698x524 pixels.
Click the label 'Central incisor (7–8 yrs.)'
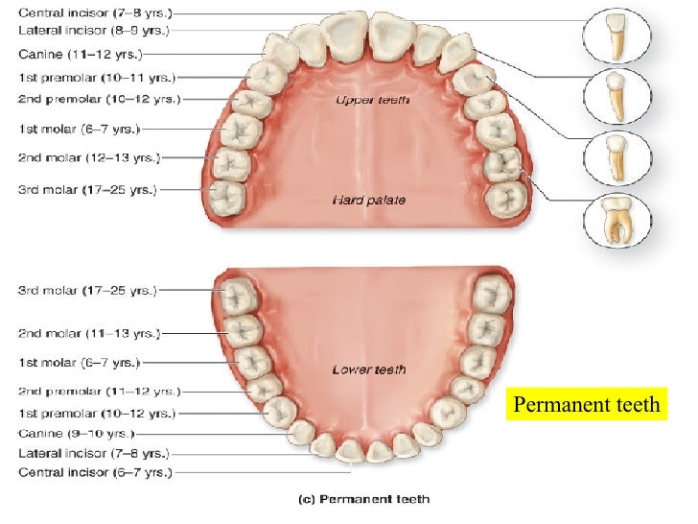click(95, 14)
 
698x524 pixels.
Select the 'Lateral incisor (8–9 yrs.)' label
click(93, 31)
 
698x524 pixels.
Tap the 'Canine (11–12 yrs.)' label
click(79, 54)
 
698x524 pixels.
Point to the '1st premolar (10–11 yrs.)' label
click(96, 77)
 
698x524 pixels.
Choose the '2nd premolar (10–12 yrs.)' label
click(98, 99)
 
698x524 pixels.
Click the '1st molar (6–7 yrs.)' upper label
click(79, 128)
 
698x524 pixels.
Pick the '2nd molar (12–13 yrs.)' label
click(88, 156)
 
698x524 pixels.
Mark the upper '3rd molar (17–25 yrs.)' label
click(86, 189)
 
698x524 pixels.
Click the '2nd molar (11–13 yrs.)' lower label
click(88, 333)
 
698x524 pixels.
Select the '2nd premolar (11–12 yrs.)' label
click(98, 392)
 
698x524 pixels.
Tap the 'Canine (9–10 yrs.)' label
click(76, 433)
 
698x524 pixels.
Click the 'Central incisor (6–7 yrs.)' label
click(94, 473)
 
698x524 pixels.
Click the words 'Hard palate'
click(368, 200)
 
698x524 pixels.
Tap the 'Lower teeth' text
click(368, 369)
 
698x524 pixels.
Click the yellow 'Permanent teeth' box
click(587, 404)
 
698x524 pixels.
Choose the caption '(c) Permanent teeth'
click(375, 499)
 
